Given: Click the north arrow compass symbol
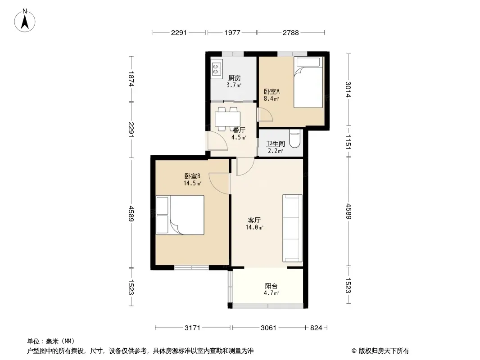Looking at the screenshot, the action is [x=25, y=21].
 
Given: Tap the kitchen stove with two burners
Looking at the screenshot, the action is [x=216, y=69].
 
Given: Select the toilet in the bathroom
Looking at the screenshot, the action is [x=295, y=139].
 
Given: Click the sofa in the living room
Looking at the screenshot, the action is [x=292, y=228].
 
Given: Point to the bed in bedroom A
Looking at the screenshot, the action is [x=308, y=82].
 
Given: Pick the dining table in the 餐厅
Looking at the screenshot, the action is [x=227, y=119].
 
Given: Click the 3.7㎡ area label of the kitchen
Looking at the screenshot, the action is [x=234, y=85].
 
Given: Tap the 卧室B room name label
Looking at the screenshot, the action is [x=192, y=176].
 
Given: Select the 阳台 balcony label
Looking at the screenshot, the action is [x=271, y=286].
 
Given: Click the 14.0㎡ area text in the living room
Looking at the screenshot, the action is [x=254, y=228].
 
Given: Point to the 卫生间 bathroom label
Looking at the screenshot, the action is [x=276, y=144].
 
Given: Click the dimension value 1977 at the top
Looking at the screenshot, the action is [x=232, y=32].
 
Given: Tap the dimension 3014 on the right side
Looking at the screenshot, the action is [x=348, y=89].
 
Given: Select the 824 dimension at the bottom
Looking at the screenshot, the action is [x=316, y=328].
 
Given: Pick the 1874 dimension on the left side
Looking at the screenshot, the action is [x=131, y=79].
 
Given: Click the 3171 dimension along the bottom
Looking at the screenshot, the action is [x=193, y=328].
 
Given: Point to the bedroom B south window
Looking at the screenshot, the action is [x=192, y=268].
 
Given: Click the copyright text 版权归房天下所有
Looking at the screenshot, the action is [x=384, y=351].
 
